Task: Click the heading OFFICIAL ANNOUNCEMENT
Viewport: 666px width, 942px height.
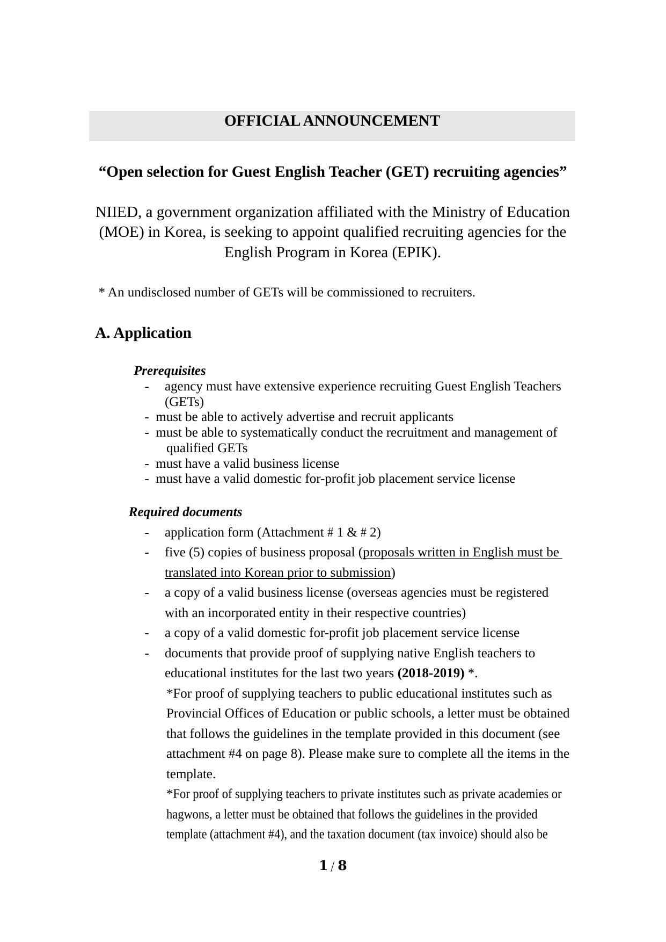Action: point(332,121)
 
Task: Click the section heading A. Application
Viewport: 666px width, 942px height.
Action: point(143,333)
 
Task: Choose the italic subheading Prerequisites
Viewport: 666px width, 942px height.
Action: point(170,371)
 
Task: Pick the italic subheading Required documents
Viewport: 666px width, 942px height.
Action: point(185,512)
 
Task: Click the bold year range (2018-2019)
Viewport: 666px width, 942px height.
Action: point(431,673)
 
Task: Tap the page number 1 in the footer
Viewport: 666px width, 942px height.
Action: point(323,865)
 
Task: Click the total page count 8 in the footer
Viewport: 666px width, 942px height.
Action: point(342,865)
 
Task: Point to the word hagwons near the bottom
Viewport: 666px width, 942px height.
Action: point(189,815)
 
